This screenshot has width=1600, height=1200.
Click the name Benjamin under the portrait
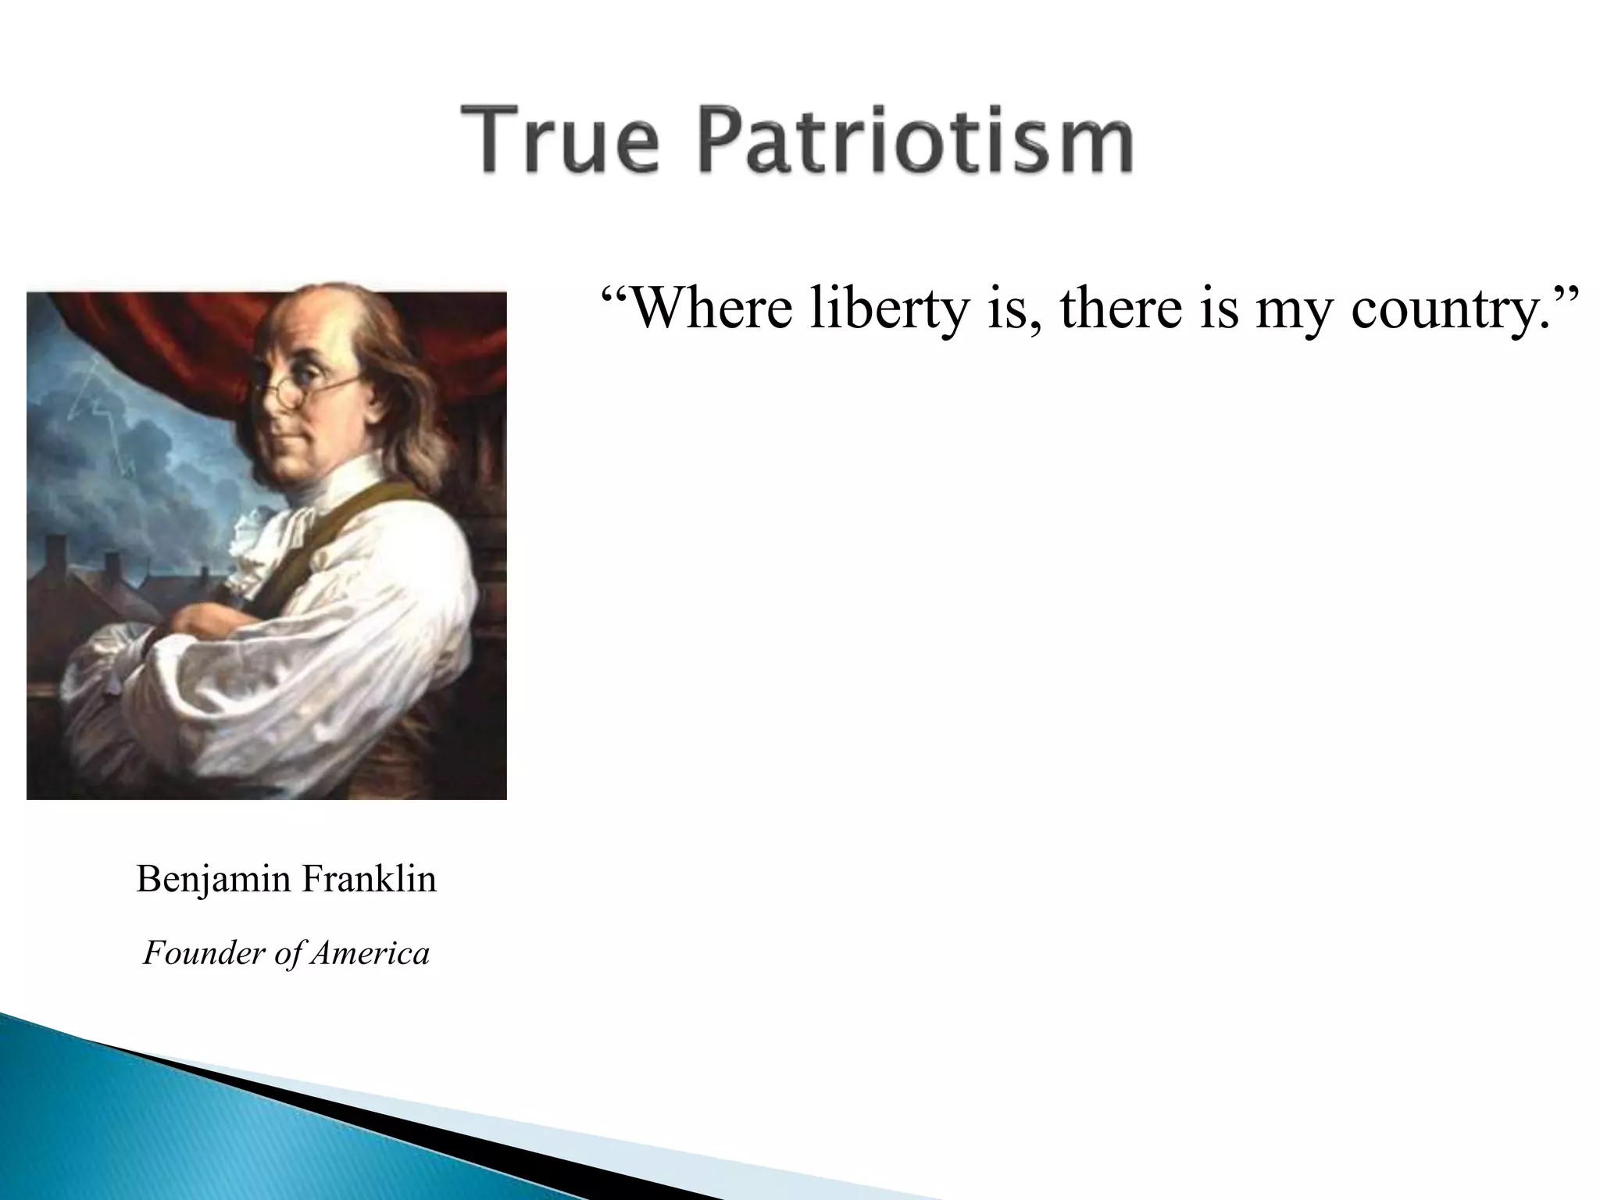coord(213,880)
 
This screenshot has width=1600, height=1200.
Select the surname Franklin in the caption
coord(369,878)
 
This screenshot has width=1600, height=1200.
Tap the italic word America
coord(370,953)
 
